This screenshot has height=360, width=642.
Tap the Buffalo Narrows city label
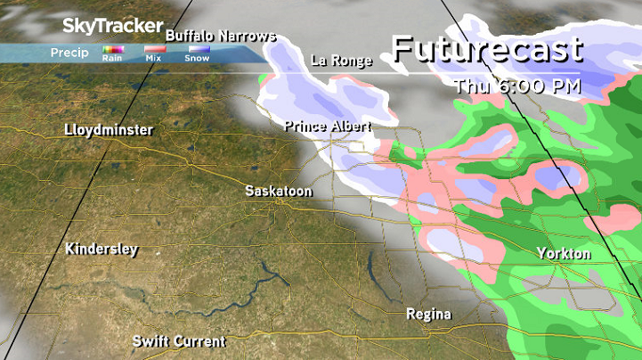click(x=221, y=36)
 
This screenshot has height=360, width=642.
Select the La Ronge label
click(x=340, y=61)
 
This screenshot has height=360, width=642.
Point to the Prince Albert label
click(x=327, y=127)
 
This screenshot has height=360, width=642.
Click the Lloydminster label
click(x=108, y=131)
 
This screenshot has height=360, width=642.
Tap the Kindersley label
click(x=102, y=250)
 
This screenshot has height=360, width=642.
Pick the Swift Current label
click(x=178, y=341)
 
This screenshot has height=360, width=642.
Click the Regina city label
click(x=428, y=315)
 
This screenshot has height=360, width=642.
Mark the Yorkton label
click(x=564, y=254)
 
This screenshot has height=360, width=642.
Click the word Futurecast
click(x=487, y=49)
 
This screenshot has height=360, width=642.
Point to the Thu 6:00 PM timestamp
click(x=516, y=87)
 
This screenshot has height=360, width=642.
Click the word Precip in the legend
click(x=69, y=53)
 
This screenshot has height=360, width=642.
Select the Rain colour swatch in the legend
click(x=112, y=49)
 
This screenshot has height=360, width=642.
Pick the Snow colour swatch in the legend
click(x=198, y=49)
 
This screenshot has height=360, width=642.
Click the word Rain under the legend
click(x=112, y=58)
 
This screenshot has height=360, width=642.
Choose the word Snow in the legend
click(x=197, y=58)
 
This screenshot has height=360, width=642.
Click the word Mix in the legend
click(x=153, y=58)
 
